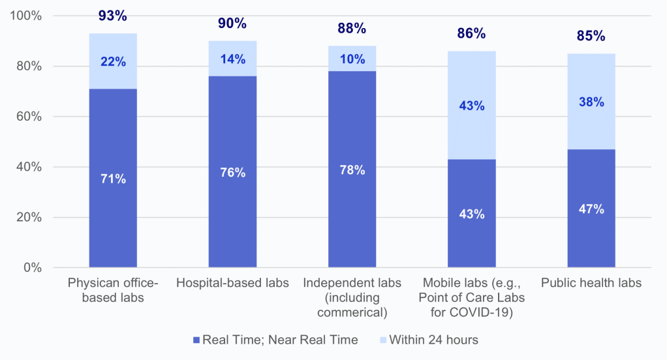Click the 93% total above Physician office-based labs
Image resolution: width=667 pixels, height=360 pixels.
point(113,16)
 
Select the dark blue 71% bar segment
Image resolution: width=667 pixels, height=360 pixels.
point(113,178)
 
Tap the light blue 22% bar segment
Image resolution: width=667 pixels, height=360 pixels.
point(113,61)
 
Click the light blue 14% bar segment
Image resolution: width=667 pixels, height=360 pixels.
point(232,59)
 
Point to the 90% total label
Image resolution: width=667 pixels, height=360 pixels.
point(232,24)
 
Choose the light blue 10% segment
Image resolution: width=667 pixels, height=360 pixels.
point(352,59)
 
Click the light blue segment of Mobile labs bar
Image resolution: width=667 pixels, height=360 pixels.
point(471,105)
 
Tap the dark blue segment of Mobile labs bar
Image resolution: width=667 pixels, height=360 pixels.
point(471,213)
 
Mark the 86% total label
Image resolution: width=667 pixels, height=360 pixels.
point(471,34)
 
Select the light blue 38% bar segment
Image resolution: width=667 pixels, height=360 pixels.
point(591,102)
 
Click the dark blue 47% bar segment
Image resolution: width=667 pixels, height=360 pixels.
point(591,209)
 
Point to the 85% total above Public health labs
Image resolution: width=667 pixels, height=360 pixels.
point(591,37)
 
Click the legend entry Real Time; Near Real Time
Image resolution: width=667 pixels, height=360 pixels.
point(275,340)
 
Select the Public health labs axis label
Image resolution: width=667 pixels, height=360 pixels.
point(591,283)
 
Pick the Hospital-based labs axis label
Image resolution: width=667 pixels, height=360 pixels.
point(232,283)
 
